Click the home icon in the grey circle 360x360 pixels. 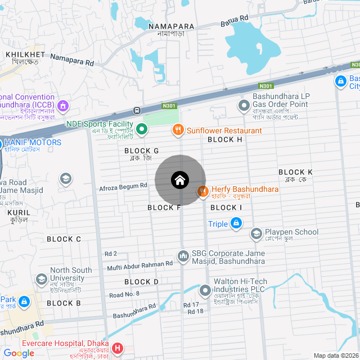[x=180, y=180]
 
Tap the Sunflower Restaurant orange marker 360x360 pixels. [x=178, y=130]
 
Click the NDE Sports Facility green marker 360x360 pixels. [x=142, y=130]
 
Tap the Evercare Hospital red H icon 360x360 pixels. [x=117, y=348]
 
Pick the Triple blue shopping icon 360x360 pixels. [x=237, y=224]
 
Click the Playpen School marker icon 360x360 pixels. [x=256, y=233]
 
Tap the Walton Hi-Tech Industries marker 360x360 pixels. [x=205, y=291]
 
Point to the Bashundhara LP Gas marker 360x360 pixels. [x=244, y=105]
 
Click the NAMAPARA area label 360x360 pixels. [x=172, y=26]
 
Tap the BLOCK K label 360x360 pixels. [x=295, y=172]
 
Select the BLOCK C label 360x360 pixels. [x=64, y=239]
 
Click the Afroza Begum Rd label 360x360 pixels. [x=123, y=186]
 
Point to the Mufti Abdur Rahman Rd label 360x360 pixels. [x=139, y=264]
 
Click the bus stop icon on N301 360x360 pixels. [x=137, y=111]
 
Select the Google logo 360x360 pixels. [x=19, y=353]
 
